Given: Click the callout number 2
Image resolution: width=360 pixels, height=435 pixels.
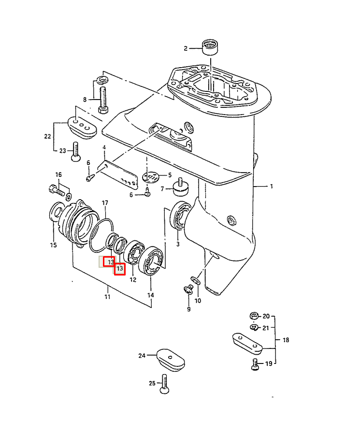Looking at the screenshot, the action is point(186,48).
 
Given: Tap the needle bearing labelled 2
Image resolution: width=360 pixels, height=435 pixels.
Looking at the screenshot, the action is point(210,47).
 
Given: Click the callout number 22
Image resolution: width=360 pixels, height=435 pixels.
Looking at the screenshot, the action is point(47,136).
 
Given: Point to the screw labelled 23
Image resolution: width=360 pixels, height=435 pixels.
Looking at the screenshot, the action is point(75,151).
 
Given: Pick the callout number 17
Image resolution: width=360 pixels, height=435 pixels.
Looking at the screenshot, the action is point(105,203).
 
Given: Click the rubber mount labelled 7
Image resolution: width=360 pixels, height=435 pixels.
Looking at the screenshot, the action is point(181,187).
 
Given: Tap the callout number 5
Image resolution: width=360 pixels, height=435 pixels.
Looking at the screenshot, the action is point(170,175).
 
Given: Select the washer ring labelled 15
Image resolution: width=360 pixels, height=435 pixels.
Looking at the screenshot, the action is point(56,213).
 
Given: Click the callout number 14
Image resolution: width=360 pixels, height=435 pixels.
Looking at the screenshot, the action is point(150,295).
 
